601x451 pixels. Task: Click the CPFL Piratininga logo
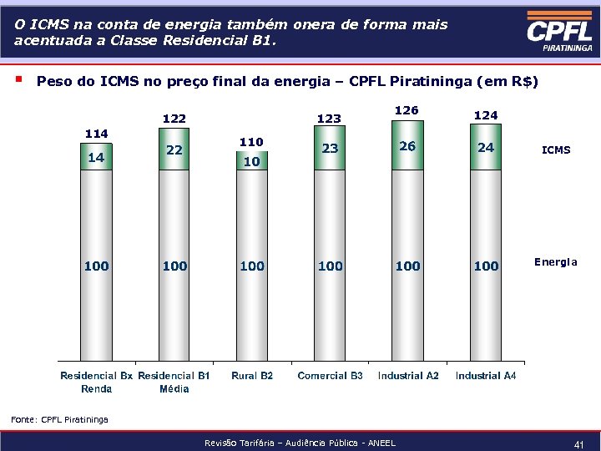559,35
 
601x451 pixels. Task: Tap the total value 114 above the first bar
97,134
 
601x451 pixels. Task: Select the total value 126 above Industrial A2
407,110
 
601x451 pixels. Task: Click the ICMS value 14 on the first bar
96,157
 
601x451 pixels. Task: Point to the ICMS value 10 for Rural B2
251,161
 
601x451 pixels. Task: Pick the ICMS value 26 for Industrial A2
407,146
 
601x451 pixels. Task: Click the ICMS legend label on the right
556,150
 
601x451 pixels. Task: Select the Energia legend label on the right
556,262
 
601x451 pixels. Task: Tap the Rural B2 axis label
252,376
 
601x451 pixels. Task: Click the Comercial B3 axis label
330,376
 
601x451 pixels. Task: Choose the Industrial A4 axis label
486,376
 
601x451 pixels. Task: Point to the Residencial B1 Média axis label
174,383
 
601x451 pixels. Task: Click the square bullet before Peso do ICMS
19,81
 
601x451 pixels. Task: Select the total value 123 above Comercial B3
329,119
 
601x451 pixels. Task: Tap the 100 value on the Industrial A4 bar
486,266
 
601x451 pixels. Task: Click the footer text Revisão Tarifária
300,443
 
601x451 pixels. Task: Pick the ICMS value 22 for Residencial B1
174,150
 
